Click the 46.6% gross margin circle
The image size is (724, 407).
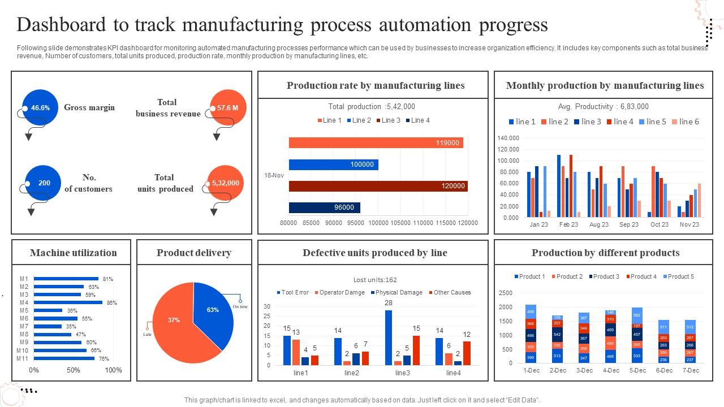coord(40,107)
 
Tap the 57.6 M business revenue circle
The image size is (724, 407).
coord(227,107)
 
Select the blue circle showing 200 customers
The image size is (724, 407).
coord(44,183)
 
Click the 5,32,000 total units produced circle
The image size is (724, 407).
coord(225,183)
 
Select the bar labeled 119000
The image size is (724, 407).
coord(376,143)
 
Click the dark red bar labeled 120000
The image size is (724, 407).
coord(378,186)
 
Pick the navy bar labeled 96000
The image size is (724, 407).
coord(324,207)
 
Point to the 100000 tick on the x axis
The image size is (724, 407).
coord(378,223)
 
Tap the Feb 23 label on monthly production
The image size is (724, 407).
coord(568,224)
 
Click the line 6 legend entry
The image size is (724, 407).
coord(685,122)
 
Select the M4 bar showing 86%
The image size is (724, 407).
coord(68,302)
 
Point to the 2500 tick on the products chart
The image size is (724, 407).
coord(506,293)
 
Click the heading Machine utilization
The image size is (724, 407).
coord(74,253)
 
